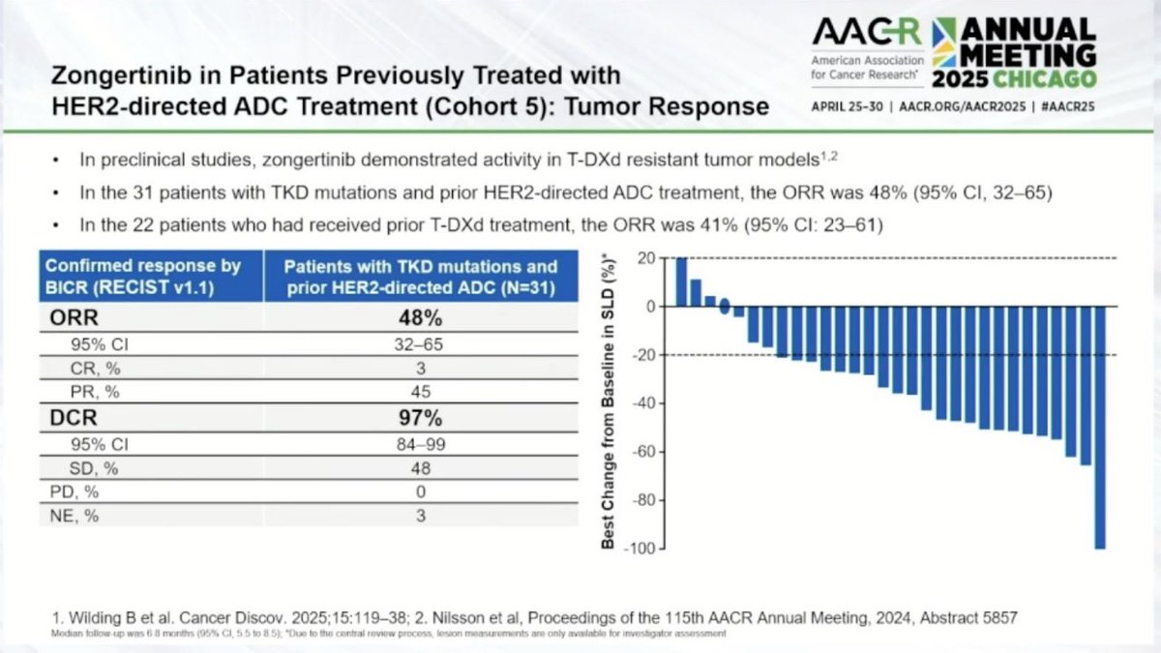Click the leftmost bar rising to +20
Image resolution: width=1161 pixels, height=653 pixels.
click(681, 282)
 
